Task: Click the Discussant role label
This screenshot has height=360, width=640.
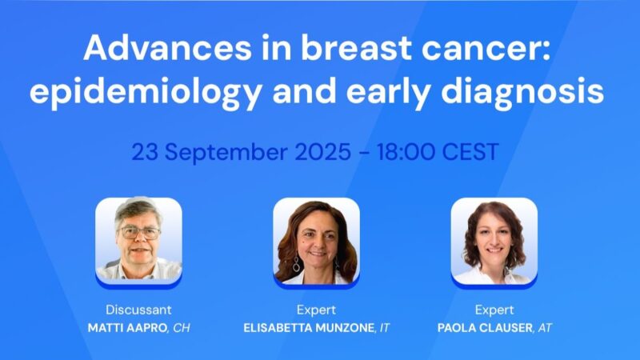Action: (x=138, y=310)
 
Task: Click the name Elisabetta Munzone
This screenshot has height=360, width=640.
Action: (x=307, y=328)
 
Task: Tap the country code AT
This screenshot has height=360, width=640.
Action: (x=546, y=328)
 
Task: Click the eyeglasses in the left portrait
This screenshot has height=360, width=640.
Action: (x=139, y=233)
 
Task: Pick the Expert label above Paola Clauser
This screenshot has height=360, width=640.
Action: (x=494, y=310)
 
